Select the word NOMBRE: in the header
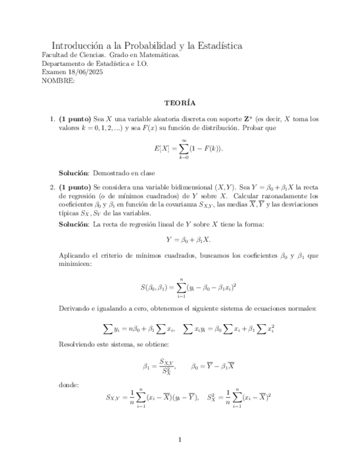(x=58, y=80)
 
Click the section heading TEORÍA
(x=180, y=103)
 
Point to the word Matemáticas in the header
(x=161, y=56)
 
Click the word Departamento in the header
(x=62, y=64)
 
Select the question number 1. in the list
(x=53, y=119)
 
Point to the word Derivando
(x=74, y=308)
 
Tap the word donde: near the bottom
(x=68, y=384)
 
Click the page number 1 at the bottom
(x=180, y=439)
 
